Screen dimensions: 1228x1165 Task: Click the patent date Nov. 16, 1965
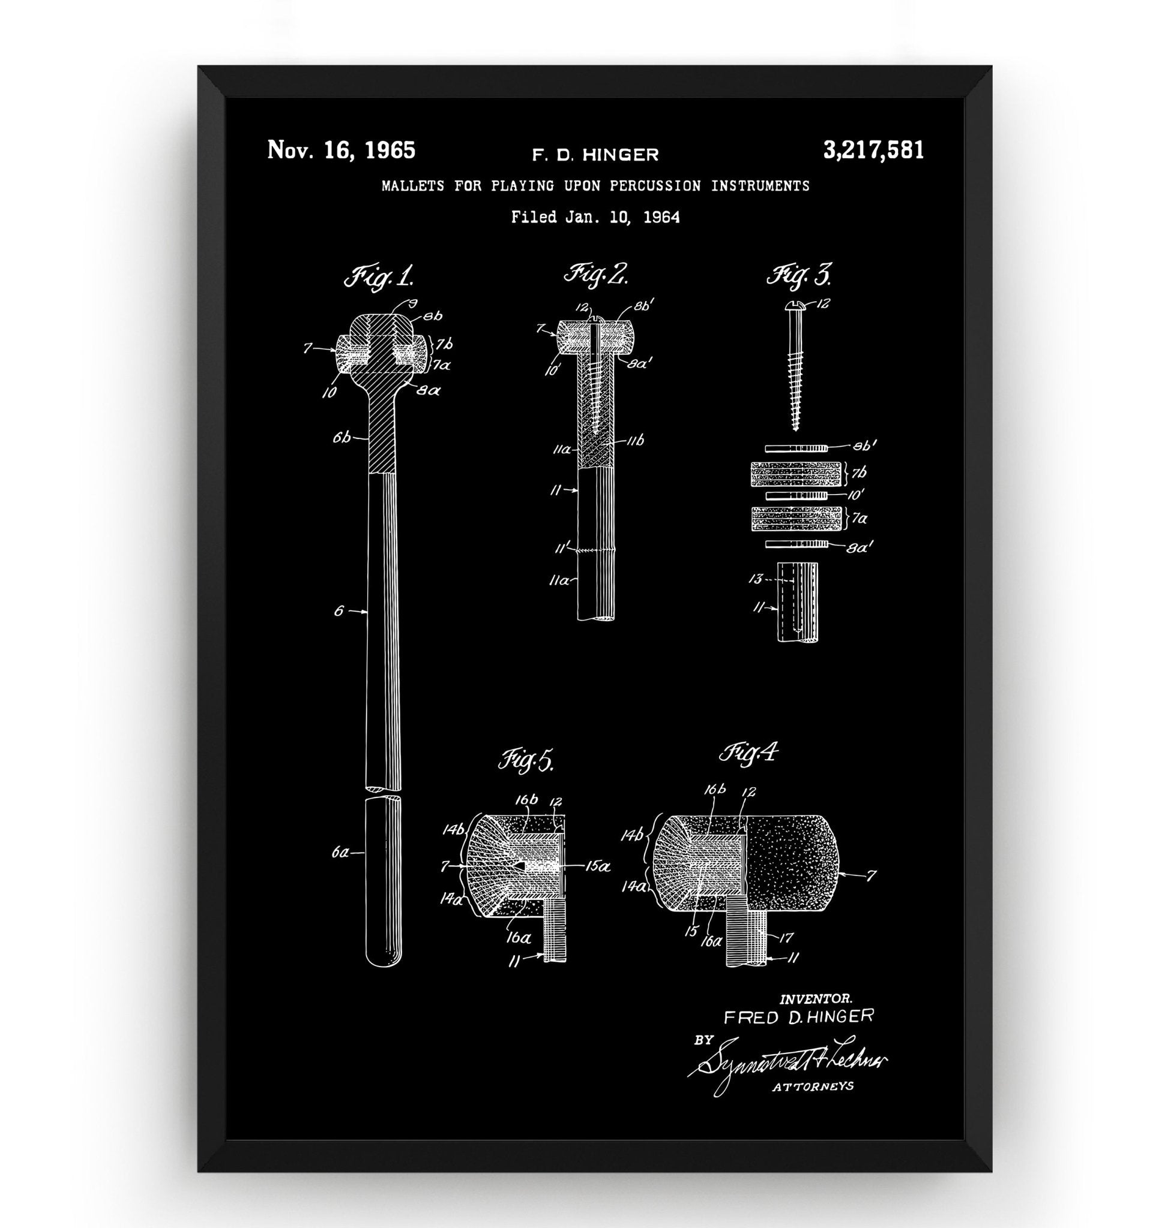click(341, 151)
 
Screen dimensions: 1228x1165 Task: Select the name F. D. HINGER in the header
click(595, 155)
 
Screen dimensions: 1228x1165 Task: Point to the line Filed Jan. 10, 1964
click(595, 217)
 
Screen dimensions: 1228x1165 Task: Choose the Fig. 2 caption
click(595, 273)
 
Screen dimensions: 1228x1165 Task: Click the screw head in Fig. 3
click(795, 304)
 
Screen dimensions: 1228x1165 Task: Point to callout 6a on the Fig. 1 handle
click(340, 853)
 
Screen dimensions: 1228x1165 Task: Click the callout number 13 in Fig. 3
click(756, 579)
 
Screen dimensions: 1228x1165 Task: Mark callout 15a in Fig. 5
click(597, 866)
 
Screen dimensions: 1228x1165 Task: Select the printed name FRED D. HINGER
click(799, 1017)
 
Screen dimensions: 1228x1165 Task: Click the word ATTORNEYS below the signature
click(812, 1086)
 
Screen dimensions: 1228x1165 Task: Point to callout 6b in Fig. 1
click(341, 438)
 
